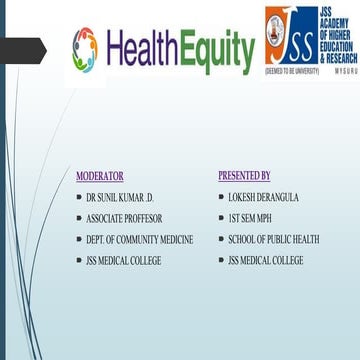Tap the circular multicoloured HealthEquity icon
pos(85,46)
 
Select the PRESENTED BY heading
pos(244,176)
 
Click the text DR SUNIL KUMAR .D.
pos(121,197)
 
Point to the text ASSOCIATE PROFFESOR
pos(124,218)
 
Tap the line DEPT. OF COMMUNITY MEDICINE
pos(139,239)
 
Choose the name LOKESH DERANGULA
pos(263,197)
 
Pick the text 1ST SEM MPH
pos(251,218)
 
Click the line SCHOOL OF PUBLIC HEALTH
pos(273,239)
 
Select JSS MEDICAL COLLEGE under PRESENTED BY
pos(265,260)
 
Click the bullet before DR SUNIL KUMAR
pos(79,197)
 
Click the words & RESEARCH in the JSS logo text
pos(337,58)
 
